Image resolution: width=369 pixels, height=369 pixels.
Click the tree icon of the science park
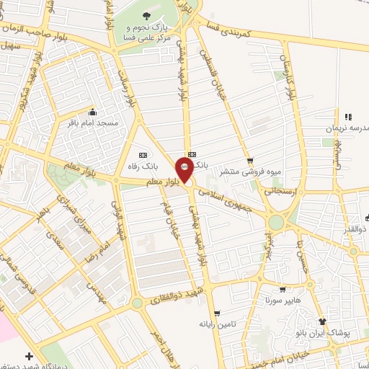[x=147, y=15]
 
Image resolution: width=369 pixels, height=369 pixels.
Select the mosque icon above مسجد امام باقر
[x=92, y=112]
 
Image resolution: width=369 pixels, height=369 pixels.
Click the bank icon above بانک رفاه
[x=142, y=154]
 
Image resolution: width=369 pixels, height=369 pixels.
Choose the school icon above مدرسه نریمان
[x=347, y=116]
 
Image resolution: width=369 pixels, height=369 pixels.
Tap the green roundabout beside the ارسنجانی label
[x=276, y=223]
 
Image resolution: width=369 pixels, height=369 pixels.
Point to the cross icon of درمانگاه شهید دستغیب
[x=29, y=356]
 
